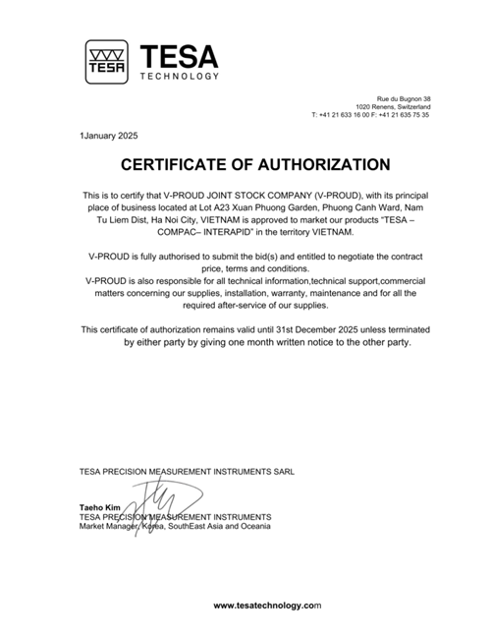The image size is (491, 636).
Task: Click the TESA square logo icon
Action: pos(105,62)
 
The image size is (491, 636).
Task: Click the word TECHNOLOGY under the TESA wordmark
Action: pos(180,77)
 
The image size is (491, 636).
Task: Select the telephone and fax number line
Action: pos(370,114)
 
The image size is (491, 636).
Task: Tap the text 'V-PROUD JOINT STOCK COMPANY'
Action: pos(229,195)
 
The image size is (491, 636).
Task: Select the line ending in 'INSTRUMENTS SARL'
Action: pos(186,472)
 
